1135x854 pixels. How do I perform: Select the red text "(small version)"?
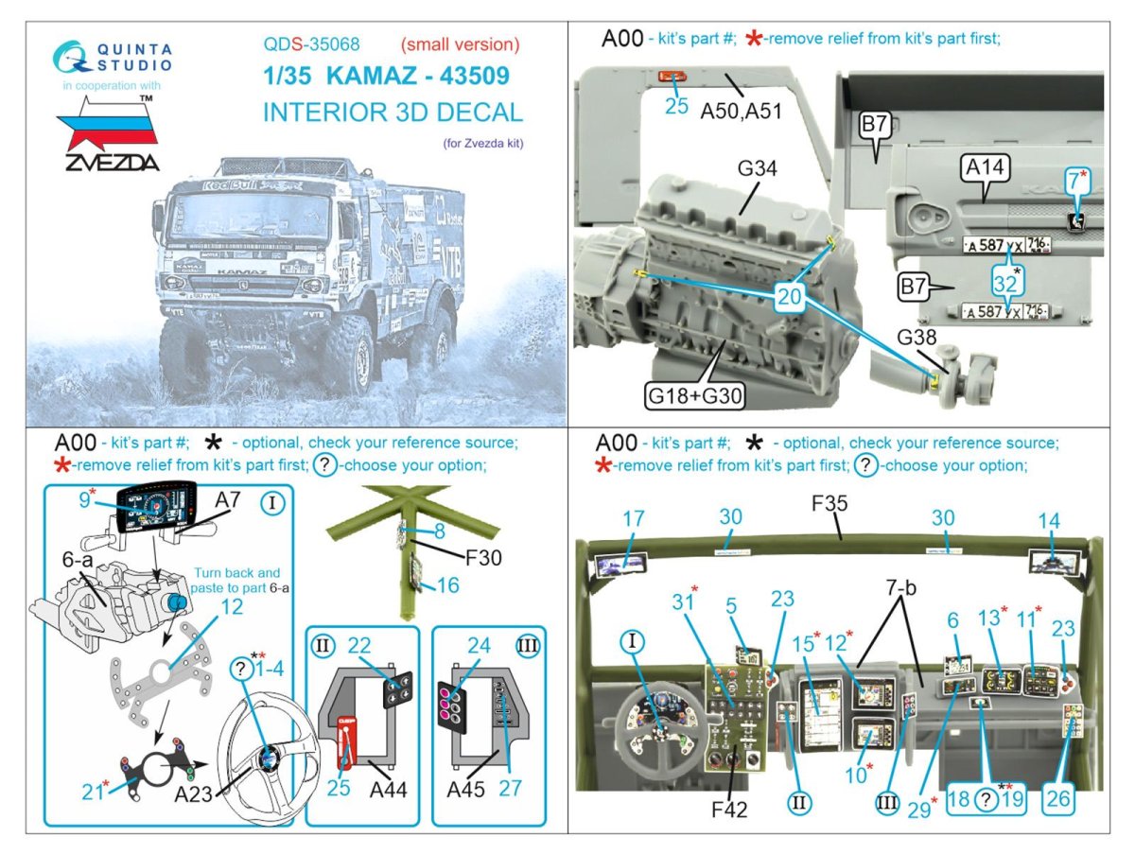(461, 44)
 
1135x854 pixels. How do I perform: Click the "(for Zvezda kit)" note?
(482, 145)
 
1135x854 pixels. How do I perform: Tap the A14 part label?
(987, 167)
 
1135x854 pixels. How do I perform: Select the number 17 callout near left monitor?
(634, 518)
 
